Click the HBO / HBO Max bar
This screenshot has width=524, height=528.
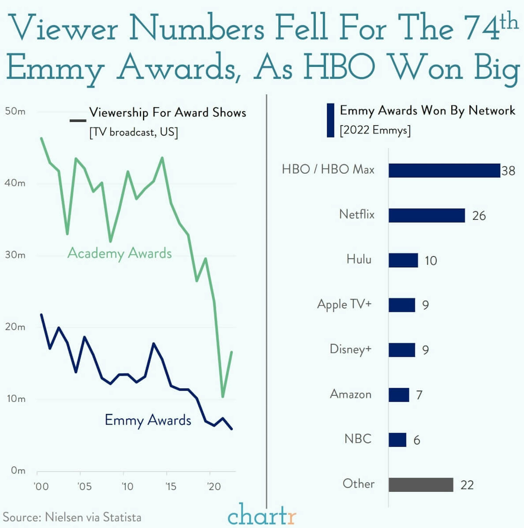click(444, 171)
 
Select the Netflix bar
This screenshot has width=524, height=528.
click(427, 215)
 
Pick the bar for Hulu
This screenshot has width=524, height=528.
click(403, 260)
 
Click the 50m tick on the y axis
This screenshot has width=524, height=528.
click(15, 111)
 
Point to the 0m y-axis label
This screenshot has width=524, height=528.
click(18, 470)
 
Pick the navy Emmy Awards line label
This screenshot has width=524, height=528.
click(148, 420)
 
